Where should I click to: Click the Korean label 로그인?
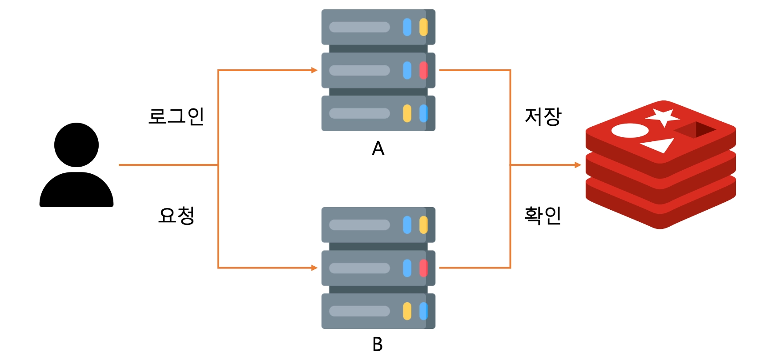pyautogui.click(x=176, y=116)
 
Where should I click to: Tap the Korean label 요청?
pyautogui.click(x=177, y=216)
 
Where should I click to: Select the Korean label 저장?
pyautogui.click(x=543, y=117)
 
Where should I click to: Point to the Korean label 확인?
pyautogui.click(x=543, y=216)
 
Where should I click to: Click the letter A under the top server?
pyautogui.click(x=378, y=148)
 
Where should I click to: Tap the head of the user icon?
pyautogui.click(x=76, y=145)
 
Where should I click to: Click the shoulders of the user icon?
pyautogui.click(x=76, y=191)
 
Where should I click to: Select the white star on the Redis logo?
pyautogui.click(x=663, y=116)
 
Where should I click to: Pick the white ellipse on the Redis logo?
pyautogui.click(x=630, y=131)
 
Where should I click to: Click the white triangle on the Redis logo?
pyautogui.click(x=659, y=145)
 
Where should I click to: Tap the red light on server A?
pyautogui.click(x=423, y=70)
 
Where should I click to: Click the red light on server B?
pyautogui.click(x=423, y=268)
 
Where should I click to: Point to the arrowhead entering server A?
pyautogui.click(x=314, y=70)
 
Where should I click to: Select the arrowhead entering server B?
pyautogui.click(x=314, y=268)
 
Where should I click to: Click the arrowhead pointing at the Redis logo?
pyautogui.click(x=578, y=165)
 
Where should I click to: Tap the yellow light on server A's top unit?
pyautogui.click(x=423, y=27)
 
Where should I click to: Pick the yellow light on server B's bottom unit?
pyautogui.click(x=407, y=311)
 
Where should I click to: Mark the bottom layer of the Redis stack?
pyautogui.click(x=660, y=209)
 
